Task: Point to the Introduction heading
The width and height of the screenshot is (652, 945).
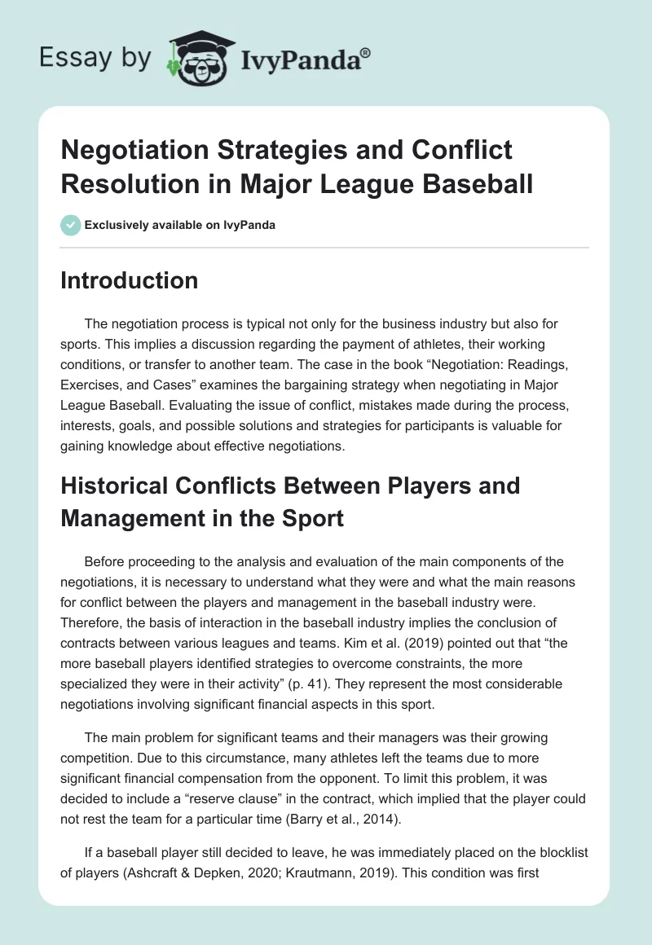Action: pyautogui.click(x=129, y=280)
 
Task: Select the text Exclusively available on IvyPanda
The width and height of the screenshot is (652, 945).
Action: pyautogui.click(x=179, y=225)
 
